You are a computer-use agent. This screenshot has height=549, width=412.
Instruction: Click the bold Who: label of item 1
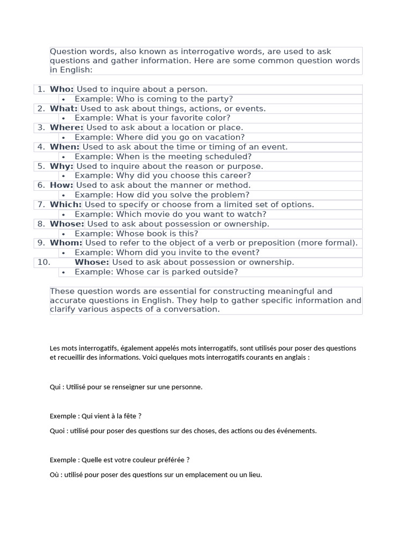[x=62, y=90]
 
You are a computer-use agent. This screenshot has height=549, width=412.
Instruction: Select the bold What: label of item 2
[x=63, y=109]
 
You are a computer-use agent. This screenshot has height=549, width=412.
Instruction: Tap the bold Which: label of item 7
[x=65, y=205]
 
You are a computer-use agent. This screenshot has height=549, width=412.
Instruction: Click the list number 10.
[x=43, y=262]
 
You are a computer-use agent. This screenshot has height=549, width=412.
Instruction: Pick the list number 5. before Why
[x=41, y=166]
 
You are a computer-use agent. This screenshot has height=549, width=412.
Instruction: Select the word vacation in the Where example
[x=223, y=137]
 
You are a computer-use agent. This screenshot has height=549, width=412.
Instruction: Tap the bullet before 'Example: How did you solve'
[x=63, y=195]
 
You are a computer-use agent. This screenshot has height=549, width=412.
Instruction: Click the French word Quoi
[x=57, y=431]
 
